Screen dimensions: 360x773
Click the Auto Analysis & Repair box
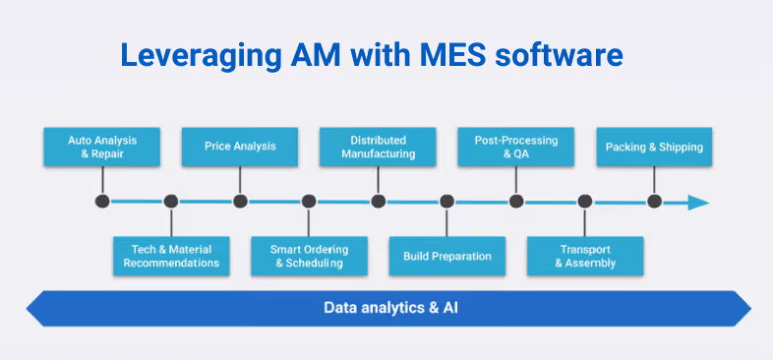[101, 147]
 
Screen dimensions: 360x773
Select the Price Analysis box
[240, 147]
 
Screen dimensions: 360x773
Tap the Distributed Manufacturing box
[379, 147]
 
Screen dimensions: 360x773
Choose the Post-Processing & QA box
[516, 147]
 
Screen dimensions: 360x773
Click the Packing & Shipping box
[654, 147]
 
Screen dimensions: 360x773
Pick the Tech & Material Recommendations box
[171, 256]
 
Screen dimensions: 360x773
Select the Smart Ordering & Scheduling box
[309, 256]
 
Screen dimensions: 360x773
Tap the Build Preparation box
[447, 256]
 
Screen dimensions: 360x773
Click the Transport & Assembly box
[585, 256]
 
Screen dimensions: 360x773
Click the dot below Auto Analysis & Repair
[101, 202]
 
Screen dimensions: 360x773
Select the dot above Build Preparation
[447, 202]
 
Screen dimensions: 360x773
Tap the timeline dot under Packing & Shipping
[654, 202]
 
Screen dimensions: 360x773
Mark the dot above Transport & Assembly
[585, 202]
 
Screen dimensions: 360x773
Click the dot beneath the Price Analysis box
[240, 202]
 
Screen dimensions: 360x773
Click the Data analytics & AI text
[390, 308]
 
